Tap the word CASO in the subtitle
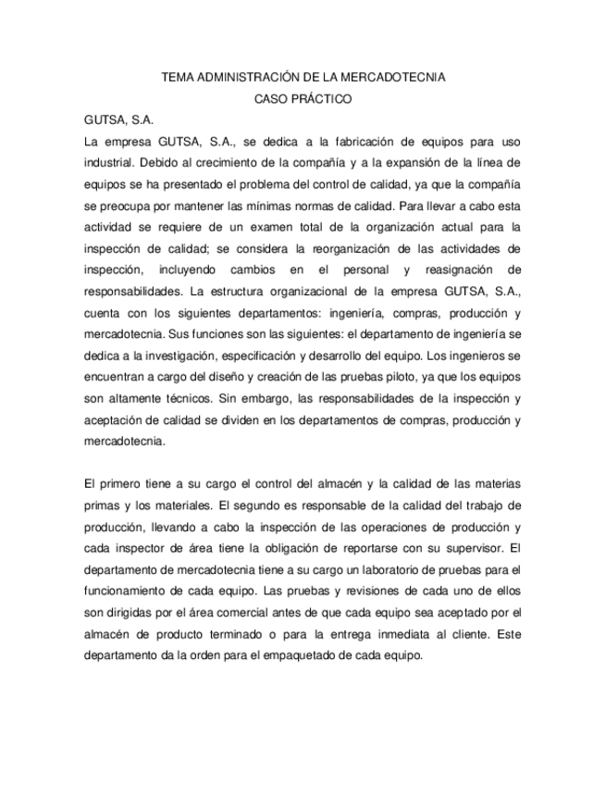point(271,99)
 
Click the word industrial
point(110,163)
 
